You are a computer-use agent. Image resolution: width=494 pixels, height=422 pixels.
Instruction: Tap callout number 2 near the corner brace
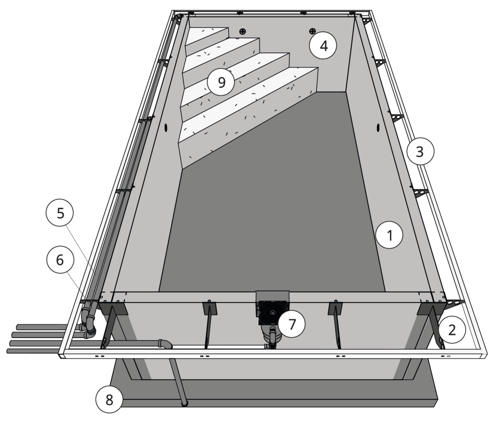click(452, 330)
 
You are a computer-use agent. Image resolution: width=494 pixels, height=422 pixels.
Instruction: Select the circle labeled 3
click(419, 152)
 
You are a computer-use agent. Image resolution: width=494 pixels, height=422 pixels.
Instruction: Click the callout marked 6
click(60, 260)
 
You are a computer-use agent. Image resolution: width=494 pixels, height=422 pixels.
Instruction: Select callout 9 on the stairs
click(221, 82)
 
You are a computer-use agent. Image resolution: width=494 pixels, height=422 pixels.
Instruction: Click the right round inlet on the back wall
click(312, 31)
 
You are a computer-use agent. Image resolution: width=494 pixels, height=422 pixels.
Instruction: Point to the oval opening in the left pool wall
click(167, 128)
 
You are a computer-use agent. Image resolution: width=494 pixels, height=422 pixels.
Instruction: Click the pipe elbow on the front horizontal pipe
click(165, 344)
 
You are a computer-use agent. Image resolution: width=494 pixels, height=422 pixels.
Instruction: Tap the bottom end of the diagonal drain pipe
click(184, 404)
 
